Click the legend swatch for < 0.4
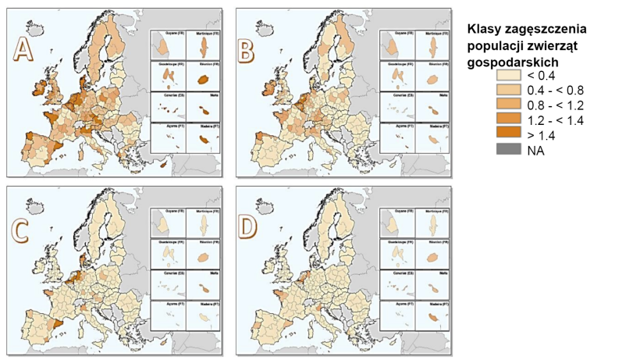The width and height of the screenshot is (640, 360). [x=509, y=76]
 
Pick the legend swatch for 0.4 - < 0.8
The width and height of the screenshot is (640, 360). [x=509, y=91]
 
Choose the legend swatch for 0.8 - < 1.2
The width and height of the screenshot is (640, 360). [x=509, y=105]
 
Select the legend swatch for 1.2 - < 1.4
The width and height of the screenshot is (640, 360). [x=509, y=120]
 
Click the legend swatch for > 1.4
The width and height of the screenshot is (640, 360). [x=509, y=135]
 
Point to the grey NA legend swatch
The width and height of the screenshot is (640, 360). [x=509, y=150]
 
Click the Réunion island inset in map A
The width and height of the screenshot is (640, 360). [x=203, y=79]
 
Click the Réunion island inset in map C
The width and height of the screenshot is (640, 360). [x=203, y=257]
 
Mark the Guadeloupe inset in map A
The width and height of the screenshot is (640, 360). [x=167, y=77]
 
